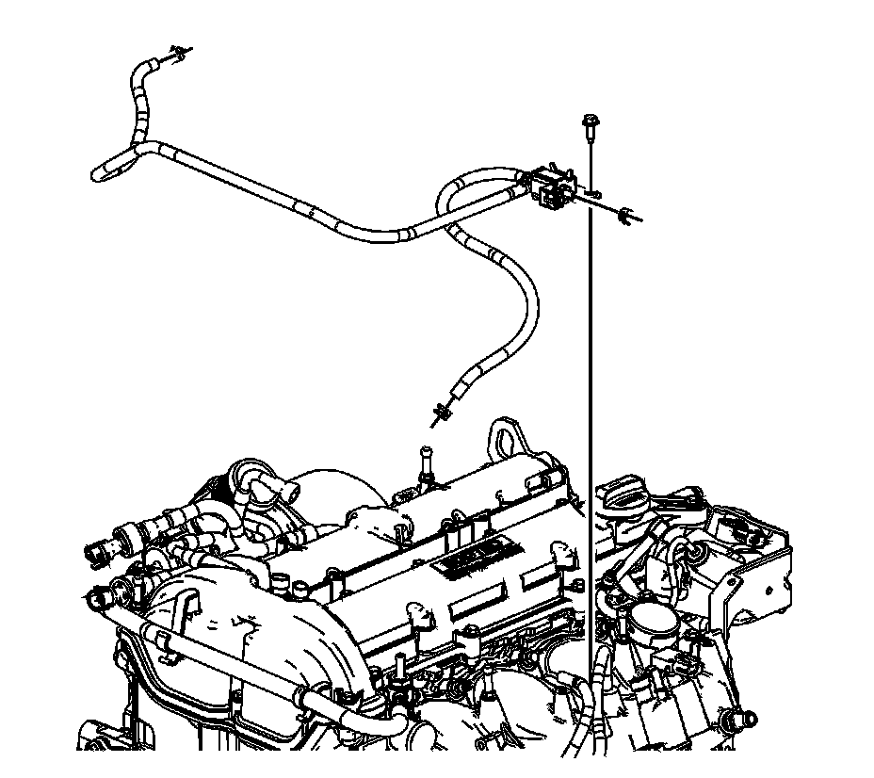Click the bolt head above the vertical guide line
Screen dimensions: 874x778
pyautogui.click(x=587, y=122)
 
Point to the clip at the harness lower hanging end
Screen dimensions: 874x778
pyautogui.click(x=439, y=411)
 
